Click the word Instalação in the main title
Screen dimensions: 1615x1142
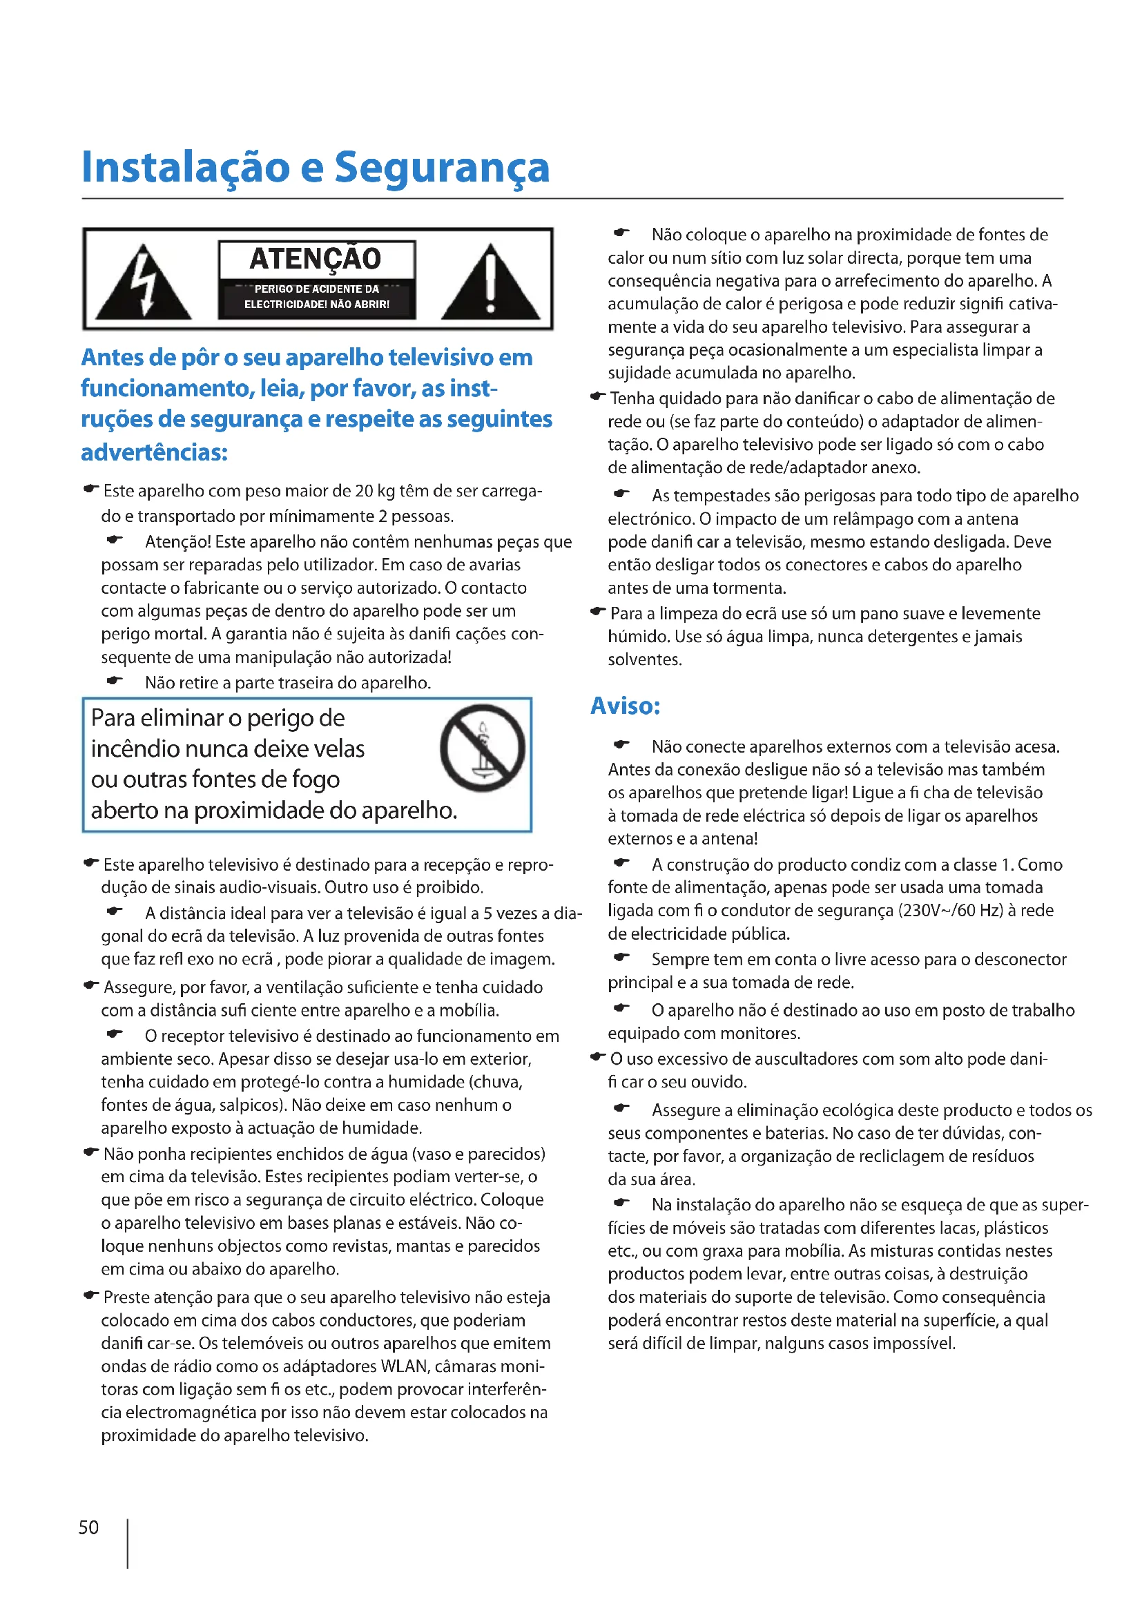186,168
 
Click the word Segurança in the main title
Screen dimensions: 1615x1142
442,168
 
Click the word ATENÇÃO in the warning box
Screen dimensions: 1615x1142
316,259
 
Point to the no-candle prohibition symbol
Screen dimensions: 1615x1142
483,747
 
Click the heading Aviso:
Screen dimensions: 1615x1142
625,706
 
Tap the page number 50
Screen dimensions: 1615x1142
88,1527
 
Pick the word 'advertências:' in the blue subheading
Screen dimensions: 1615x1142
154,452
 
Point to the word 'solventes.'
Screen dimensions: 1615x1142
645,660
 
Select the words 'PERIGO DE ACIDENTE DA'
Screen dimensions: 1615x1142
316,289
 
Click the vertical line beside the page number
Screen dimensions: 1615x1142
127,1543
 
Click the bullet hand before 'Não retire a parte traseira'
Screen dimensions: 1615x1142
115,681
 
